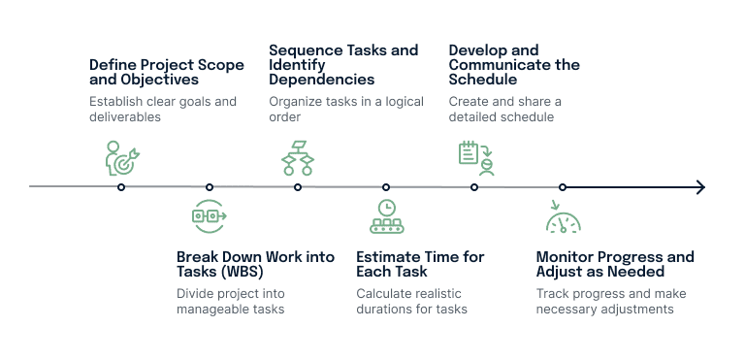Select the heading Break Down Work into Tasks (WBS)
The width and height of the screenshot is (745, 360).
click(x=255, y=264)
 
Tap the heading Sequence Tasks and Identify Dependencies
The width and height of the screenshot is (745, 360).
click(x=343, y=65)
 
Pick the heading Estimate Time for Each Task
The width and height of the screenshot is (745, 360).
click(x=420, y=264)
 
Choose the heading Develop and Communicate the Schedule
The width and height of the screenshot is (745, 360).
click(x=513, y=65)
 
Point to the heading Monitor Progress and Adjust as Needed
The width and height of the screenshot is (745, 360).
click(x=615, y=264)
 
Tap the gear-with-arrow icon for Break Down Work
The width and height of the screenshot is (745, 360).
click(x=210, y=215)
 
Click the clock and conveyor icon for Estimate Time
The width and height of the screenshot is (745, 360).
click(x=386, y=216)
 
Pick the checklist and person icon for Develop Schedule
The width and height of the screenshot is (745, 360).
click(x=476, y=157)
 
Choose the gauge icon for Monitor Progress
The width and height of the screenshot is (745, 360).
click(x=563, y=218)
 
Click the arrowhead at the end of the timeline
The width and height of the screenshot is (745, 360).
click(x=699, y=186)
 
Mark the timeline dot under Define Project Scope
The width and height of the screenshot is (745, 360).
click(x=121, y=186)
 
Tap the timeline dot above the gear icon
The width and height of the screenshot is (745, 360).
click(x=210, y=186)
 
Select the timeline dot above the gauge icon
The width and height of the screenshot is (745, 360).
click(x=563, y=186)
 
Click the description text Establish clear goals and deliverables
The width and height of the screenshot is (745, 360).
click(x=162, y=109)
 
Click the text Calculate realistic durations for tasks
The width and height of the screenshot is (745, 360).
click(x=411, y=301)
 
